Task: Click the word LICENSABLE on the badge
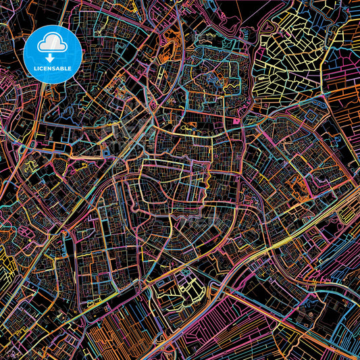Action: point(52,68)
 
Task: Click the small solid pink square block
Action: point(238,120)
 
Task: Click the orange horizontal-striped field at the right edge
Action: point(348,95)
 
